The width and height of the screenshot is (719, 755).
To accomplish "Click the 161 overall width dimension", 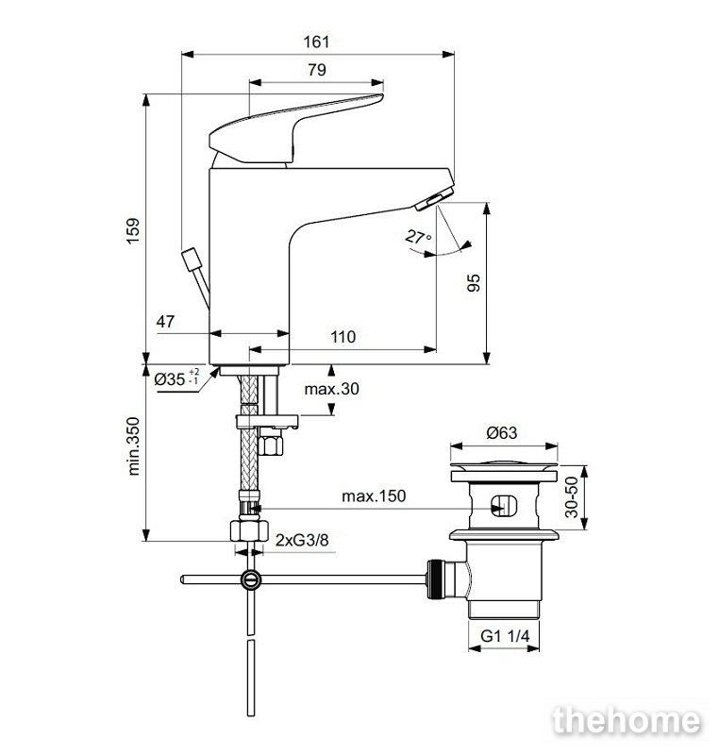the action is (317, 42).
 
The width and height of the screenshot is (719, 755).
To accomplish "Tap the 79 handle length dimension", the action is (317, 70).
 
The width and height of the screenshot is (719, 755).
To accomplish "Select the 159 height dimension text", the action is (133, 230).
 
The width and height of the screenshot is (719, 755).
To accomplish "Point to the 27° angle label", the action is (418, 237).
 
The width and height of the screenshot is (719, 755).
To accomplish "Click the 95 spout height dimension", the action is (474, 282).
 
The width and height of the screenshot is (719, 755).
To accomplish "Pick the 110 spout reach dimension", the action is (343, 337).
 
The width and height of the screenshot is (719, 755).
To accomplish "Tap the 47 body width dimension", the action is (165, 321).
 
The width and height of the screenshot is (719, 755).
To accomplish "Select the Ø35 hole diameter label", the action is (176, 378).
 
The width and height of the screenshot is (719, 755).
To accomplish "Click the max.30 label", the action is (331, 389).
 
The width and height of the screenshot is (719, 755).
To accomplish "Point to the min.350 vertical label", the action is (133, 446).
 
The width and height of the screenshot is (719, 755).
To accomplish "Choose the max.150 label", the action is (374, 496).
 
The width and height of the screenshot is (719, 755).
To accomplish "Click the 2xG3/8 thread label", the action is (302, 540).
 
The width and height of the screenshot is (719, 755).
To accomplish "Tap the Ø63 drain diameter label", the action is (502, 433).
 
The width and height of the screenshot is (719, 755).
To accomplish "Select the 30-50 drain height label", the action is (571, 497).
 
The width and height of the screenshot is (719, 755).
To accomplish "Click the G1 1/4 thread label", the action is (505, 636).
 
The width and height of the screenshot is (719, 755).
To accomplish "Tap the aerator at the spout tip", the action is (434, 199).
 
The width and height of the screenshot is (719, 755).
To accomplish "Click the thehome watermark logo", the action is (627, 720).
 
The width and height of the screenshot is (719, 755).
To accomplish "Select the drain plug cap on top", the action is (504, 465).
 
